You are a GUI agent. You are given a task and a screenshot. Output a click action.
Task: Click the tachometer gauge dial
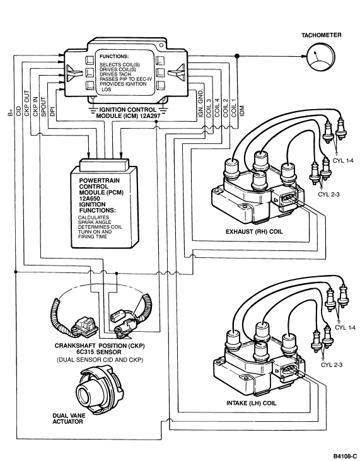pyautogui.click(x=321, y=57)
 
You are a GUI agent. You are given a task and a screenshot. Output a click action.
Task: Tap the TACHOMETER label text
pyautogui.click(x=321, y=35)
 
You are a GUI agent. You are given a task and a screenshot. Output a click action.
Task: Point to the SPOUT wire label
pyautogui.click(x=44, y=107)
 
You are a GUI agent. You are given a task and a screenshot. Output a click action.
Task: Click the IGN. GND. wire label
pyautogui.click(x=200, y=103)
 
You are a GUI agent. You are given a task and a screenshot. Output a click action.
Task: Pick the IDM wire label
pyautogui.click(x=242, y=111)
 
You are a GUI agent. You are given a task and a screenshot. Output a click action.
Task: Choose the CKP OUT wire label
pyautogui.click(x=26, y=103)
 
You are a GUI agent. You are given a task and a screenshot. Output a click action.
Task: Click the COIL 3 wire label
pyautogui.click(x=209, y=108)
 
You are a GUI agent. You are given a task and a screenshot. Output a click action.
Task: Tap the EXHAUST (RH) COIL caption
pyautogui.click(x=254, y=231)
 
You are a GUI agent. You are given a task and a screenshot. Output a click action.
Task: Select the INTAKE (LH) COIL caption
pyautogui.click(x=252, y=403)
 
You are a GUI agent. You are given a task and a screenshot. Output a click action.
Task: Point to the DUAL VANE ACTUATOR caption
pyautogui.click(x=69, y=419)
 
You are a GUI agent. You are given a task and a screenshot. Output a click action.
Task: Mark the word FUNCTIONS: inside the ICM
pyautogui.click(x=114, y=57)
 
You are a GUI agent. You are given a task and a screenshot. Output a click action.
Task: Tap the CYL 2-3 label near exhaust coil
pyautogui.click(x=328, y=194)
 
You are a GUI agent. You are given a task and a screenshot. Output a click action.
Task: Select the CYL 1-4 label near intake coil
pyautogui.click(x=345, y=327)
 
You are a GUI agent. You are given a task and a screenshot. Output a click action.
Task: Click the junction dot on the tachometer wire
pyautogui.click(x=237, y=56)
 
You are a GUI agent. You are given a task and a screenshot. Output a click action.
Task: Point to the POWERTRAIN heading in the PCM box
pyautogui.click(x=100, y=180)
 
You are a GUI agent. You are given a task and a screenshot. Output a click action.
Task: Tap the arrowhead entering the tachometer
pyautogui.click(x=304, y=56)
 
